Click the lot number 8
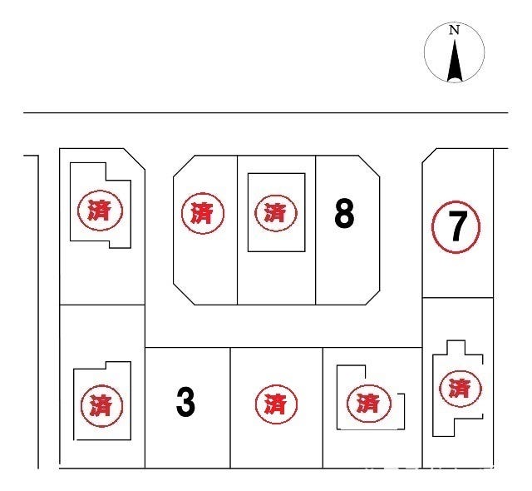click(344, 213)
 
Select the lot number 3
click(185, 403)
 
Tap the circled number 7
click(456, 227)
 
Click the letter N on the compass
click(454, 30)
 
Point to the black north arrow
click(455, 61)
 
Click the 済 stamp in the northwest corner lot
click(100, 211)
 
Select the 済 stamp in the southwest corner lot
click(101, 406)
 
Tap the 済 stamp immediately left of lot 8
click(276, 213)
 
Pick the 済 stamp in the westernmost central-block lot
click(203, 213)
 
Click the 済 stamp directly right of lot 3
click(276, 404)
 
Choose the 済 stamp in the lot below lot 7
click(461, 389)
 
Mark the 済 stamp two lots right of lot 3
click(369, 404)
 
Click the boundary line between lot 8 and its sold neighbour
click(316, 230)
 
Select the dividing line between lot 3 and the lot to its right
click(230, 408)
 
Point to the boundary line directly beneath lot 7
click(458, 298)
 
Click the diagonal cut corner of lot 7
click(429, 156)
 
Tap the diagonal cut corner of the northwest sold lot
click(135, 159)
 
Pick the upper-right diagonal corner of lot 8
click(369, 166)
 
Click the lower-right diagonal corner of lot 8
click(373, 298)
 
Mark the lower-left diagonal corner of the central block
click(184, 294)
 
